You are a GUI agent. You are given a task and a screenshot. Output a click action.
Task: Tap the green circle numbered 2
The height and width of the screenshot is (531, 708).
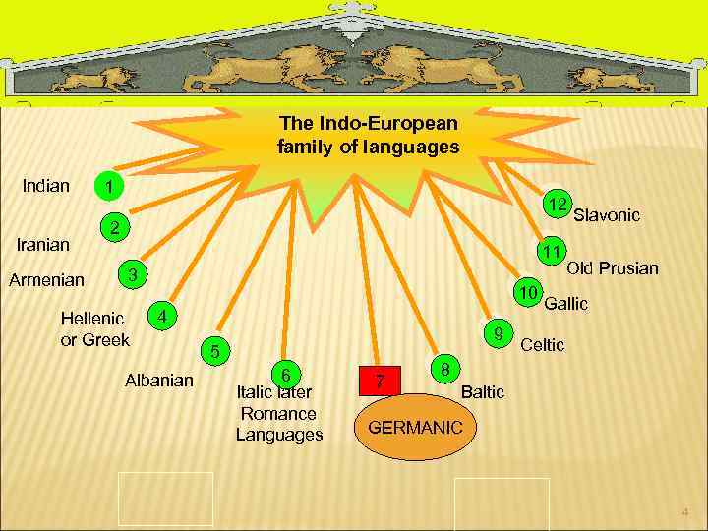click(115, 228)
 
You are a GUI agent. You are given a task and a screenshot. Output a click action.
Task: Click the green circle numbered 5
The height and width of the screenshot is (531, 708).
click(217, 351)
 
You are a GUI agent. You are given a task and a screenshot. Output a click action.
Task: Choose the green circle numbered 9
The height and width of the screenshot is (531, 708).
click(500, 332)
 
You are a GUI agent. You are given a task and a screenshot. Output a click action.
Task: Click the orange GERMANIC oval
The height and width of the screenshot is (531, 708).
click(414, 428)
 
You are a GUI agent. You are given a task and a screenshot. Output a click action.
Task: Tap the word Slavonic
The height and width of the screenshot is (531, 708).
click(607, 214)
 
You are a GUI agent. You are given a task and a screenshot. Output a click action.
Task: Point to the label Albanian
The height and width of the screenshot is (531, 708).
click(159, 380)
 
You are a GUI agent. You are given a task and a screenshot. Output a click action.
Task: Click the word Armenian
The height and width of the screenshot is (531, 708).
click(46, 280)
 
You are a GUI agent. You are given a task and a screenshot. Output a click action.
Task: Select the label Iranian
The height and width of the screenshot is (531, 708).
click(43, 244)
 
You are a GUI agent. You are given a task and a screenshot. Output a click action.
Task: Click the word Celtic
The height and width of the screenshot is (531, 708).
click(542, 345)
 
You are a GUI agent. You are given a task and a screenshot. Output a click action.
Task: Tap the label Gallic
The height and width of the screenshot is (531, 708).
click(566, 304)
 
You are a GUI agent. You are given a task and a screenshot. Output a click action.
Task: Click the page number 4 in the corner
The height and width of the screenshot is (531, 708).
click(685, 512)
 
